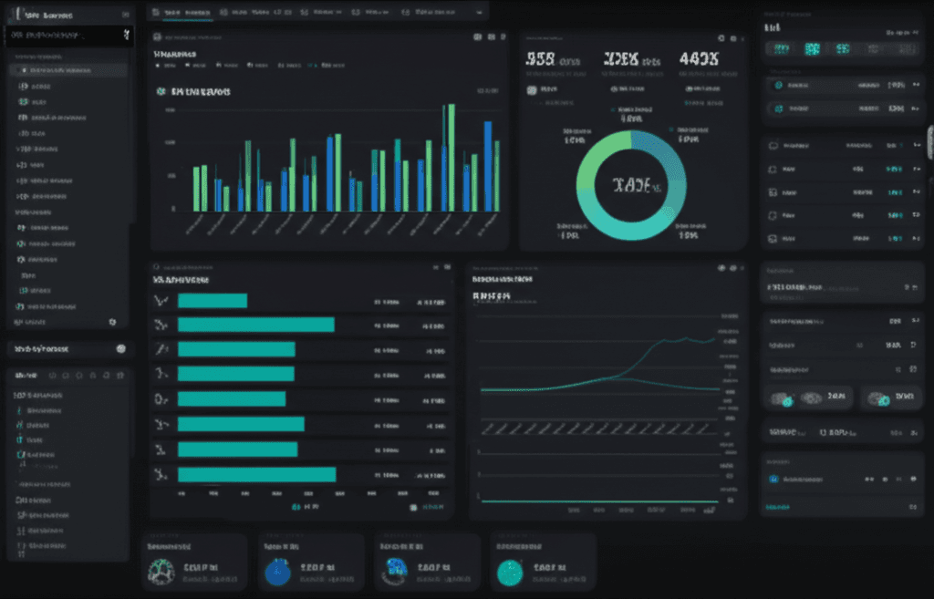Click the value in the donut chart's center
coord(631,185)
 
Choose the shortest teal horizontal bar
coord(212,301)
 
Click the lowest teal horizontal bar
coord(256,474)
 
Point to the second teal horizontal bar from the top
coord(255,325)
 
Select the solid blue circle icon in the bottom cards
coord(276,572)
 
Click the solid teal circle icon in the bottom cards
coord(508,572)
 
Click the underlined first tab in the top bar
coord(188,13)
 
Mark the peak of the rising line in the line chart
coord(711,338)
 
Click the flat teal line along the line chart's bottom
coord(602,501)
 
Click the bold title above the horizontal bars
coord(182,280)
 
